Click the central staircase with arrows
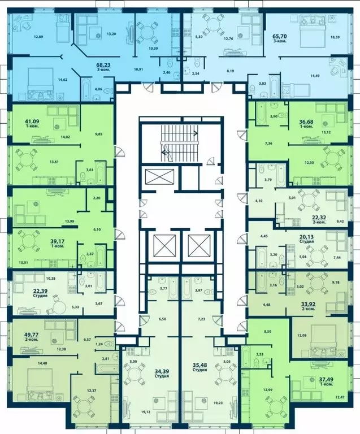coord(178,142)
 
